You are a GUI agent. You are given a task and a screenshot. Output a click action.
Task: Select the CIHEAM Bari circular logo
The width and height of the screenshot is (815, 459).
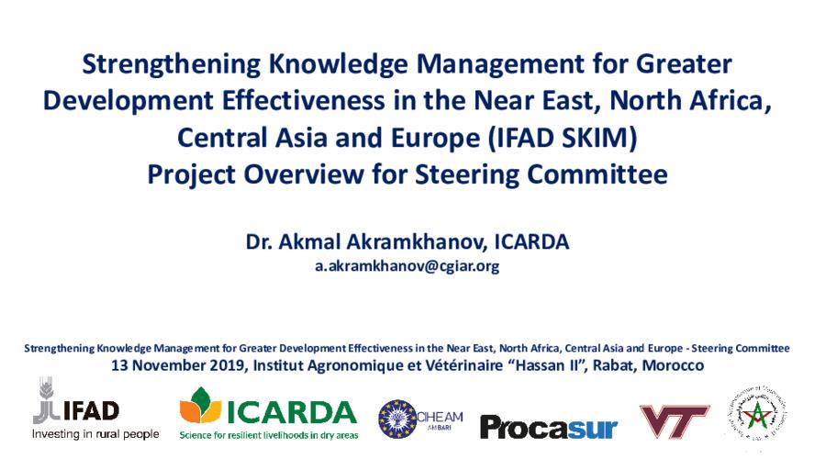[x=421, y=418]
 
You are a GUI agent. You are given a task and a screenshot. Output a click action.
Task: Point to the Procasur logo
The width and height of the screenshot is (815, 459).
[x=548, y=427]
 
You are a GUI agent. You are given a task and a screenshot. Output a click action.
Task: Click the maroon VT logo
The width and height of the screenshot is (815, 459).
[x=674, y=421]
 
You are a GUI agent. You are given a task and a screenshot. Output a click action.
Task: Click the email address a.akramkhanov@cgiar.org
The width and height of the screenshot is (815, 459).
[x=407, y=266]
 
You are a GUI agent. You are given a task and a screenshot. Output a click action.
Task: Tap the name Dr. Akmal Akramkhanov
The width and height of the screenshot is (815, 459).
[x=365, y=243]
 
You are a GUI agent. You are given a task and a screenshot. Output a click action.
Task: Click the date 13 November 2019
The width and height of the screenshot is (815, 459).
[x=179, y=365]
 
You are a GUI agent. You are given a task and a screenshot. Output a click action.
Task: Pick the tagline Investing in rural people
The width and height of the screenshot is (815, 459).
[x=95, y=433]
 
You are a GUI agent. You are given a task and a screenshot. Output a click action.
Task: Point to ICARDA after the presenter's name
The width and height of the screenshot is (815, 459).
[x=532, y=243]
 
